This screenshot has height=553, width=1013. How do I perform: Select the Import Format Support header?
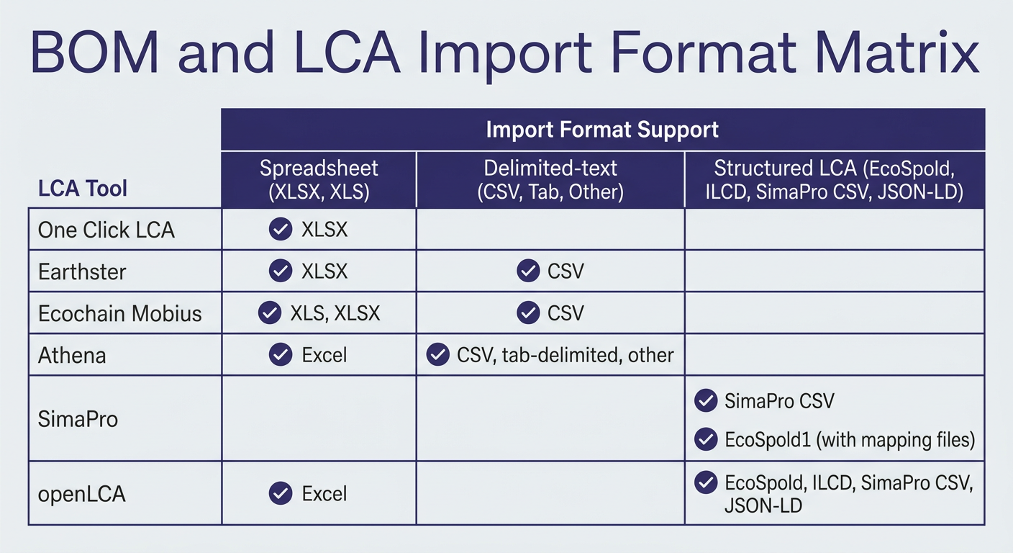(x=602, y=130)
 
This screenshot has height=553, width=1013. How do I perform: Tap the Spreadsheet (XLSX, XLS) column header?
(x=319, y=180)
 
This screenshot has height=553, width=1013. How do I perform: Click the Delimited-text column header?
(x=550, y=180)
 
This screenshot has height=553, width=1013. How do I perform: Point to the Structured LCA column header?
(x=835, y=180)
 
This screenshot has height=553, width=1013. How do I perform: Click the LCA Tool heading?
(x=82, y=188)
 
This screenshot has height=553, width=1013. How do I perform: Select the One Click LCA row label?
(x=106, y=230)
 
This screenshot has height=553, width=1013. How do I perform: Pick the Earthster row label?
(x=82, y=272)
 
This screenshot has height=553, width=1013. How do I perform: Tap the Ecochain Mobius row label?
(x=120, y=314)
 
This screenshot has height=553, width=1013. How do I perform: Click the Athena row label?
(x=72, y=355)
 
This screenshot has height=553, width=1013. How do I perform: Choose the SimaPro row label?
(x=78, y=419)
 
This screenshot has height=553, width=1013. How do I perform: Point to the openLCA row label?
(x=81, y=494)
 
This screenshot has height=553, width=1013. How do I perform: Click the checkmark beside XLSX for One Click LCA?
(x=281, y=229)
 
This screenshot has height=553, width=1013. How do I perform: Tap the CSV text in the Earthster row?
(x=565, y=271)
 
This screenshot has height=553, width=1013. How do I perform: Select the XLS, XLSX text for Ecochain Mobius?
(x=335, y=313)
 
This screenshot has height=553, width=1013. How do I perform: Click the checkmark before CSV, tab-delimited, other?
(x=437, y=354)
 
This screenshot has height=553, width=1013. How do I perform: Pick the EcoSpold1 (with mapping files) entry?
(x=850, y=440)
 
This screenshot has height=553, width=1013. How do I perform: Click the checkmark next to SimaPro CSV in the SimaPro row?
(x=706, y=400)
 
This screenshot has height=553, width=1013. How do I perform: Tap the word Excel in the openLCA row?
(x=324, y=494)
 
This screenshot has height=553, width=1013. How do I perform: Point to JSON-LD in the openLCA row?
(x=763, y=505)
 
